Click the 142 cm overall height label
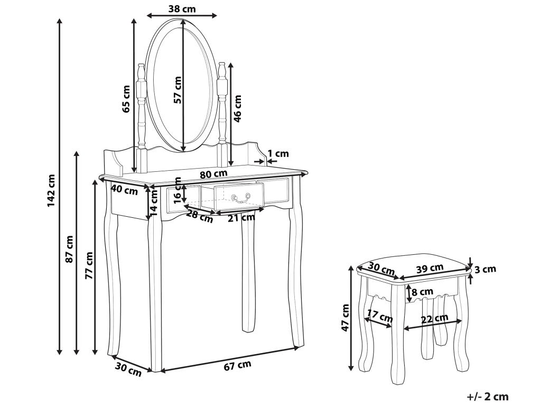click(51, 190)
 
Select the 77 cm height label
click(89, 266)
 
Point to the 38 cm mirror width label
click(181, 8)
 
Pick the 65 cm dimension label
click(126, 99)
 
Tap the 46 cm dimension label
click(237, 108)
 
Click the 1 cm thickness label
click(278, 154)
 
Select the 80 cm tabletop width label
click(214, 173)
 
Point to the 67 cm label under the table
click(237, 365)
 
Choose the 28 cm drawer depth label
click(200, 216)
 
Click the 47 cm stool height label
click(346, 318)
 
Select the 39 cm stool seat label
click(429, 269)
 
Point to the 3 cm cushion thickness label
click(486, 269)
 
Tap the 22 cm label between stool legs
click(435, 319)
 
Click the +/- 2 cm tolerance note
click(488, 396)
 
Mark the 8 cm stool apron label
click(422, 292)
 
